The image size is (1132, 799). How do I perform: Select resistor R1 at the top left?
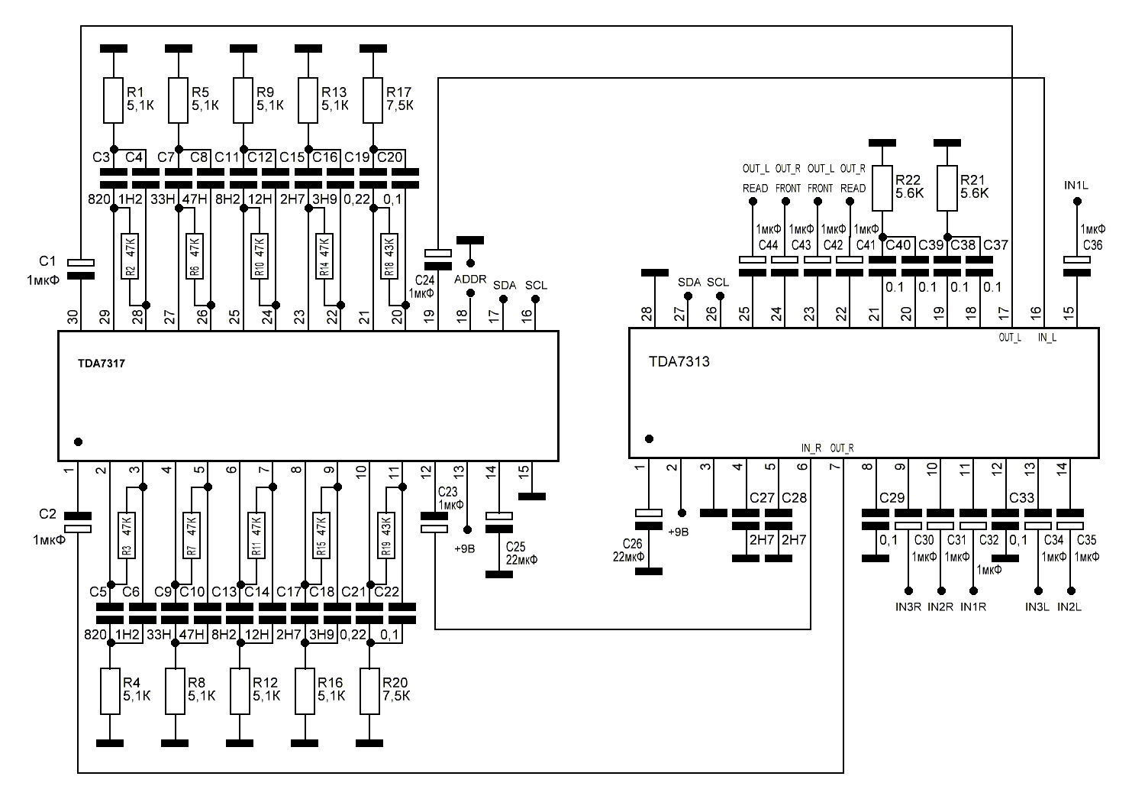(113, 100)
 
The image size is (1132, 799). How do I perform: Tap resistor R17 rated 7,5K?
(372, 100)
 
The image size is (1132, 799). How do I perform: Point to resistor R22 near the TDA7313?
(882, 187)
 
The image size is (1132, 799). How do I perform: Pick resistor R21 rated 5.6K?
(947, 187)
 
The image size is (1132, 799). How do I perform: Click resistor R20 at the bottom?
(369, 691)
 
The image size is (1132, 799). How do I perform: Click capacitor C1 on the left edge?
(81, 268)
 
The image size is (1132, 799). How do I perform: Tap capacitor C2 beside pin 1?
(78, 522)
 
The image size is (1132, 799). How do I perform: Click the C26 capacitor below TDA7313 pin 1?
(649, 519)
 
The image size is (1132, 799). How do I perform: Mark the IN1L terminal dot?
(1077, 202)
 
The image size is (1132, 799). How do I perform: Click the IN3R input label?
(908, 607)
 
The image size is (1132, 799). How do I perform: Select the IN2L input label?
(1070, 607)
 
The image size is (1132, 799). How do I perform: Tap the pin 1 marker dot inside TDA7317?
(78, 442)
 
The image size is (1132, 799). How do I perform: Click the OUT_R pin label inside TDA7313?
(843, 448)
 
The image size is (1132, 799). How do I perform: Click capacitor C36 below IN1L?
(1077, 265)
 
